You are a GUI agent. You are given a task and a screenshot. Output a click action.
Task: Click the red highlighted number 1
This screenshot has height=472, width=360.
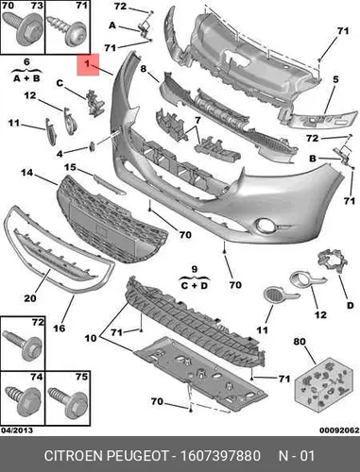coord(87,64)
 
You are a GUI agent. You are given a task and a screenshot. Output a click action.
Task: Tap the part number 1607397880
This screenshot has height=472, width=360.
coord(220,456)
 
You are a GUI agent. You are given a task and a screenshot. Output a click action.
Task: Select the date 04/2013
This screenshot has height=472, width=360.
coord(17,430)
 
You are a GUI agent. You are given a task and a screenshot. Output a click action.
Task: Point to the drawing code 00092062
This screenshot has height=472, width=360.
coord(339,430)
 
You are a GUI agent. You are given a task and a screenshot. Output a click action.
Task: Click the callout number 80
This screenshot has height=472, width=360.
coord(300,342)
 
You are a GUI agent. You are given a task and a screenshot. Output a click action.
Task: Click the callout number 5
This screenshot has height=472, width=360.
coord(335,79)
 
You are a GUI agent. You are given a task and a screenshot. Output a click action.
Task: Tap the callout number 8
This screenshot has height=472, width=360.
coord(144,69)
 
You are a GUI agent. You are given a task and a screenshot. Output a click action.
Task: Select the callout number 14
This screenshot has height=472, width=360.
coord(27,173)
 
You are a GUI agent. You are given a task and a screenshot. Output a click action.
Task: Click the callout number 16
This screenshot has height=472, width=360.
coord(60,329)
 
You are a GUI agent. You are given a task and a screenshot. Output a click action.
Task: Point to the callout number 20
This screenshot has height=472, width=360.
coord(30,297)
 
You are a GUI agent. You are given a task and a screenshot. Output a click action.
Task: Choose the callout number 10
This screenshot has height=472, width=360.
coord(91,338)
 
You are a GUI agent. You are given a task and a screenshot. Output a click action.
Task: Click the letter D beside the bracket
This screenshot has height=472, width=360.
coord(351,305)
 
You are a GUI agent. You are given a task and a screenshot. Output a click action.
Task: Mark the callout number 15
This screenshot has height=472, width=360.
coord(70,167)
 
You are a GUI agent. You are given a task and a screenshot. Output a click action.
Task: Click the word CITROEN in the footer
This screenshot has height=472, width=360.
coord(74,456)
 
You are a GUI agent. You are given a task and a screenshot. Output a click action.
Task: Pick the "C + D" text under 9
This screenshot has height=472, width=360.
coord(195,286)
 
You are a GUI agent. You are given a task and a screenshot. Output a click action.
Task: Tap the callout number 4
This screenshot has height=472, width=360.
coord(60,154)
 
